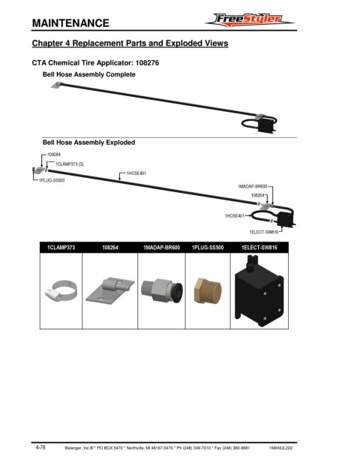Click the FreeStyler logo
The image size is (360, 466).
[x=250, y=20]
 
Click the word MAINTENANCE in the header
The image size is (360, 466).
[x=70, y=23]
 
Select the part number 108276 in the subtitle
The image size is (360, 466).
[x=147, y=63]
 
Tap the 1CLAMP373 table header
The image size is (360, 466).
[x=61, y=248]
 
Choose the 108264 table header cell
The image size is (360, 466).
[x=110, y=248]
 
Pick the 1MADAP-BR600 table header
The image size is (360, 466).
[x=161, y=248]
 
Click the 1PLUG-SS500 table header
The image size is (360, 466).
[x=208, y=248]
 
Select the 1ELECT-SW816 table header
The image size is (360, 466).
[x=259, y=248]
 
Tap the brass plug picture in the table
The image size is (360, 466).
[x=208, y=291]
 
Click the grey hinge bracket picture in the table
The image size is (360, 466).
[x=110, y=290]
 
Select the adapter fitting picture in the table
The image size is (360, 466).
[x=162, y=290]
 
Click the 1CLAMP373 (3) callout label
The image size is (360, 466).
[x=70, y=164]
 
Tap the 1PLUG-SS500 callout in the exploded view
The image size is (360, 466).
[x=52, y=180]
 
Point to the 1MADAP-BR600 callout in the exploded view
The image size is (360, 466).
[x=252, y=186]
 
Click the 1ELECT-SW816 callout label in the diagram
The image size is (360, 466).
[x=264, y=232]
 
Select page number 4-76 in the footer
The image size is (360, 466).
[x=40, y=447]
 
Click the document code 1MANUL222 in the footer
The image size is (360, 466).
[x=280, y=448]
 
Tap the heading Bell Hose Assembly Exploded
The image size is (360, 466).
[x=88, y=143]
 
